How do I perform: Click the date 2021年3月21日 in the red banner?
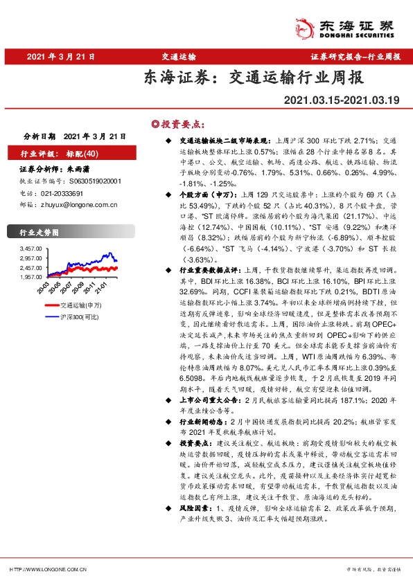(x=61, y=57)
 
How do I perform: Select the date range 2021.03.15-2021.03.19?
(x=342, y=100)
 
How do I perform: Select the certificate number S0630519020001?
(x=96, y=180)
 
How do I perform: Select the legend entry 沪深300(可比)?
(x=77, y=316)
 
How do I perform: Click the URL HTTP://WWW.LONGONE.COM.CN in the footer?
(x=47, y=569)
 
